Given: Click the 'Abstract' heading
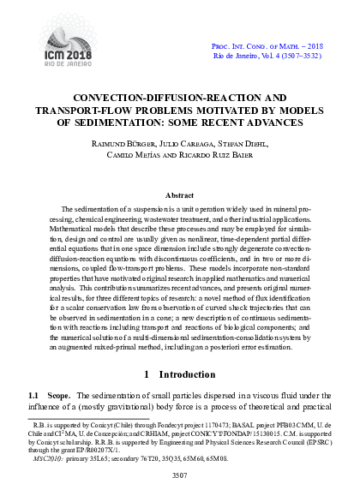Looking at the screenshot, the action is tap(180, 195).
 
